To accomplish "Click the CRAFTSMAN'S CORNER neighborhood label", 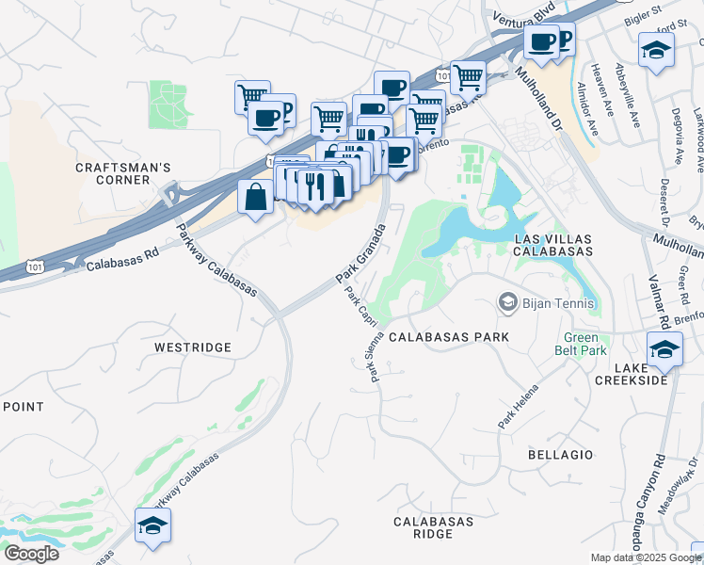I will click(123, 174).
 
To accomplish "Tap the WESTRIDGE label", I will click(192, 347).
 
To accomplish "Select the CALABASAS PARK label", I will click(449, 337).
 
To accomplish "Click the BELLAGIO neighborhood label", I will click(561, 455).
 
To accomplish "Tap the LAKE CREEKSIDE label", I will click(632, 373).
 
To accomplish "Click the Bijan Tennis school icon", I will click(508, 303).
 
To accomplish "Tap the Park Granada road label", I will click(361, 254).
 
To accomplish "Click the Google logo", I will click(31, 554).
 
